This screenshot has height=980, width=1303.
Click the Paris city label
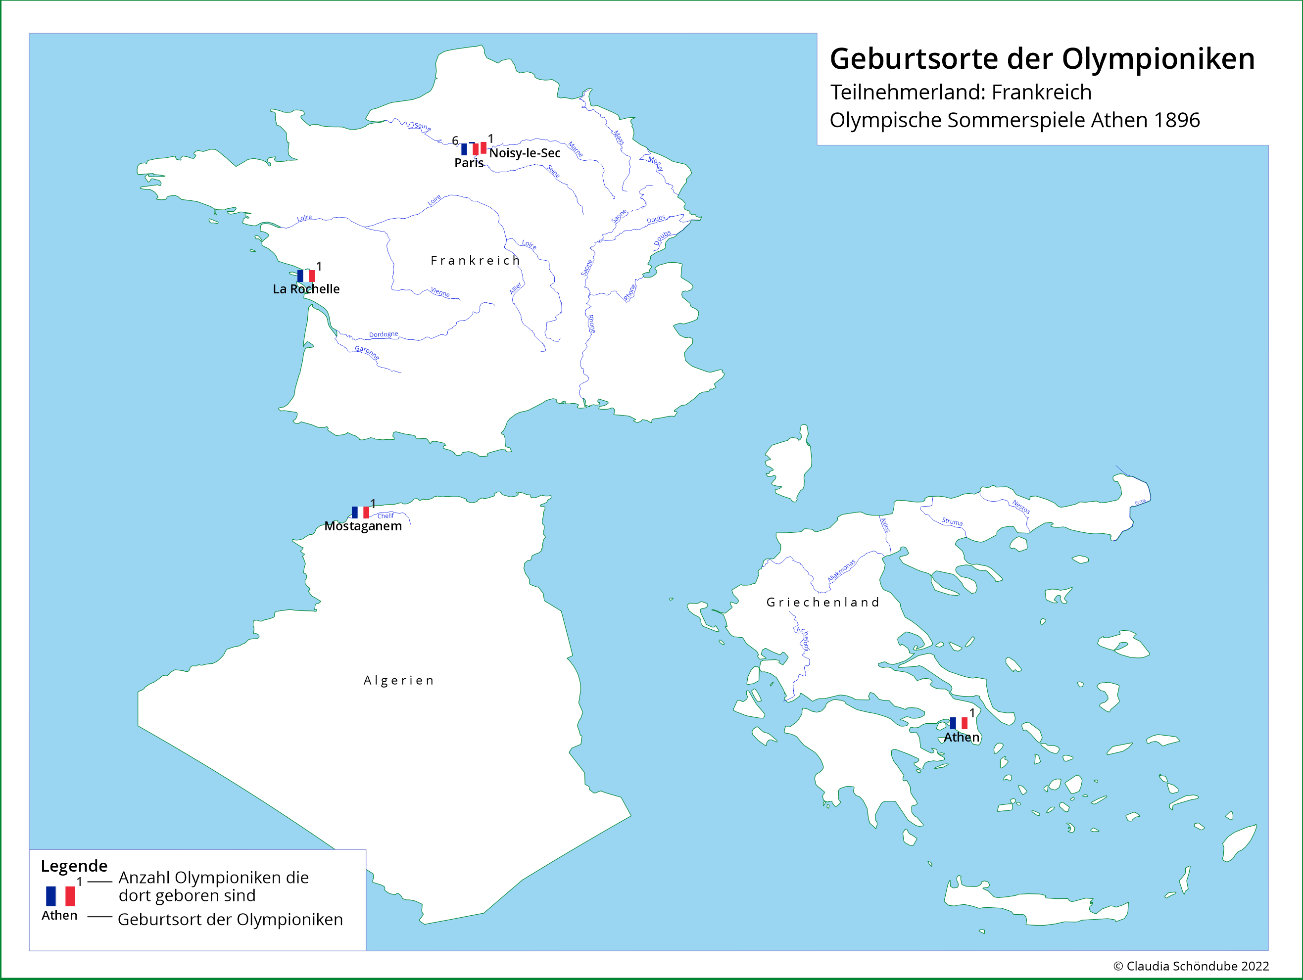(x=468, y=163)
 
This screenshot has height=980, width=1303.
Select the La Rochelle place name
(x=306, y=289)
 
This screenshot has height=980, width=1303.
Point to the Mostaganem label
(x=363, y=526)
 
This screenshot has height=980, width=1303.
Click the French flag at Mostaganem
(x=360, y=513)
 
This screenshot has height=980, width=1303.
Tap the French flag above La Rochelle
(x=305, y=276)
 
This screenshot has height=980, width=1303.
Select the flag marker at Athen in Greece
(x=959, y=723)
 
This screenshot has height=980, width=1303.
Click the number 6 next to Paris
(x=455, y=141)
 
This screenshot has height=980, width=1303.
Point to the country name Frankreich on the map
(x=475, y=261)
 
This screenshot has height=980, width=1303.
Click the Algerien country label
(x=399, y=681)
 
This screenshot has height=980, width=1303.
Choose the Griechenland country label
(x=822, y=603)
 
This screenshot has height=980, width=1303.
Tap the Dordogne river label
(x=384, y=334)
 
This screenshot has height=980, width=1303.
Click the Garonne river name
(x=367, y=352)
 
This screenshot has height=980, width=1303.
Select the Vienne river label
(x=440, y=292)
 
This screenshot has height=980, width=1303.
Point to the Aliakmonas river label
(x=841, y=571)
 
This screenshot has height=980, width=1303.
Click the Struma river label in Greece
(x=952, y=522)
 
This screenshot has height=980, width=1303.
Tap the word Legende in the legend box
(x=74, y=866)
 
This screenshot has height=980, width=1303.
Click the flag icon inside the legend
(x=61, y=896)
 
